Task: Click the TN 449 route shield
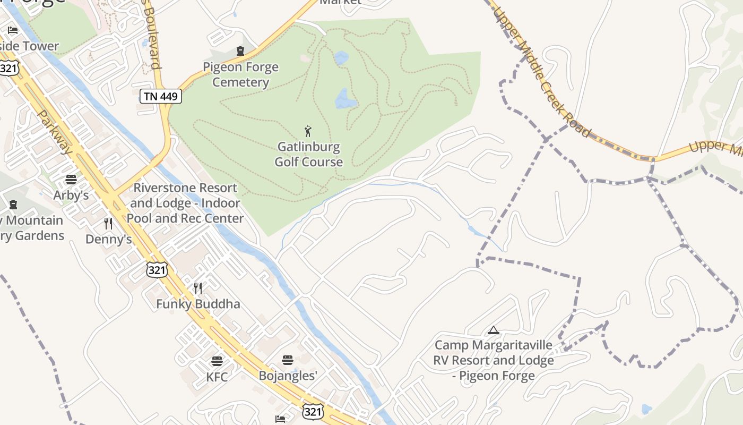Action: [161, 96]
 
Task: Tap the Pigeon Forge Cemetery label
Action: [240, 75]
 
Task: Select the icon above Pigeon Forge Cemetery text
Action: [240, 52]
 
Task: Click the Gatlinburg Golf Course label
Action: [308, 154]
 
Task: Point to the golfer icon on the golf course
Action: [308, 131]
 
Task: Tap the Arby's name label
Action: [71, 195]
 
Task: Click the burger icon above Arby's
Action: [71, 180]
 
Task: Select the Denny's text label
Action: [108, 239]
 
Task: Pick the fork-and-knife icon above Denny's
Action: [108, 224]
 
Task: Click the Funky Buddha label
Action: [198, 304]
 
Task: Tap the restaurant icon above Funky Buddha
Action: [198, 288]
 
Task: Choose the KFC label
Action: [217, 377]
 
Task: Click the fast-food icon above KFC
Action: [217, 362]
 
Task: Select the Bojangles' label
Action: [288, 376]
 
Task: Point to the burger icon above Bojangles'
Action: [288, 360]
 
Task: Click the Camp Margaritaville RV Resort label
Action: [494, 361]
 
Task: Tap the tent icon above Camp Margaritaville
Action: [494, 330]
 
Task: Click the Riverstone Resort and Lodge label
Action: [185, 203]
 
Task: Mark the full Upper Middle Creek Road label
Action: [542, 72]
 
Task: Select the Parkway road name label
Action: [55, 132]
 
